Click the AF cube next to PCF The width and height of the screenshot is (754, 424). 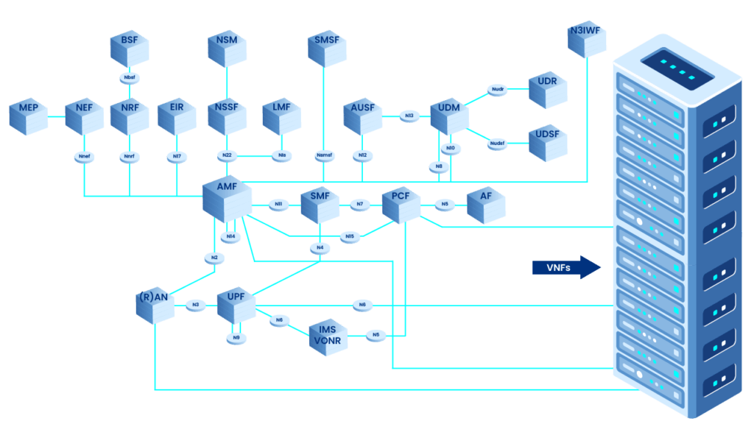(x=486, y=204)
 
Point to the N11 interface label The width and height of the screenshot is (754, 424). (x=278, y=204)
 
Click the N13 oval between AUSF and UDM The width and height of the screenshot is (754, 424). (x=409, y=116)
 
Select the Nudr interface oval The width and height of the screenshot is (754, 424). (x=497, y=90)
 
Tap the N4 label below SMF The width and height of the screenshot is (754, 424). (x=320, y=248)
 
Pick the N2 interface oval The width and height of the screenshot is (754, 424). (x=214, y=258)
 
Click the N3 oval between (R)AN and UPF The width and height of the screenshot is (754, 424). (x=196, y=304)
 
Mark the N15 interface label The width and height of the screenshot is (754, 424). (x=350, y=236)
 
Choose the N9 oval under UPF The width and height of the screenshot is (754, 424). (x=236, y=338)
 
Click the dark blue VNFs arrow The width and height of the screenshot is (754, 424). (x=566, y=266)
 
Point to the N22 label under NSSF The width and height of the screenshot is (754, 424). (x=228, y=155)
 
